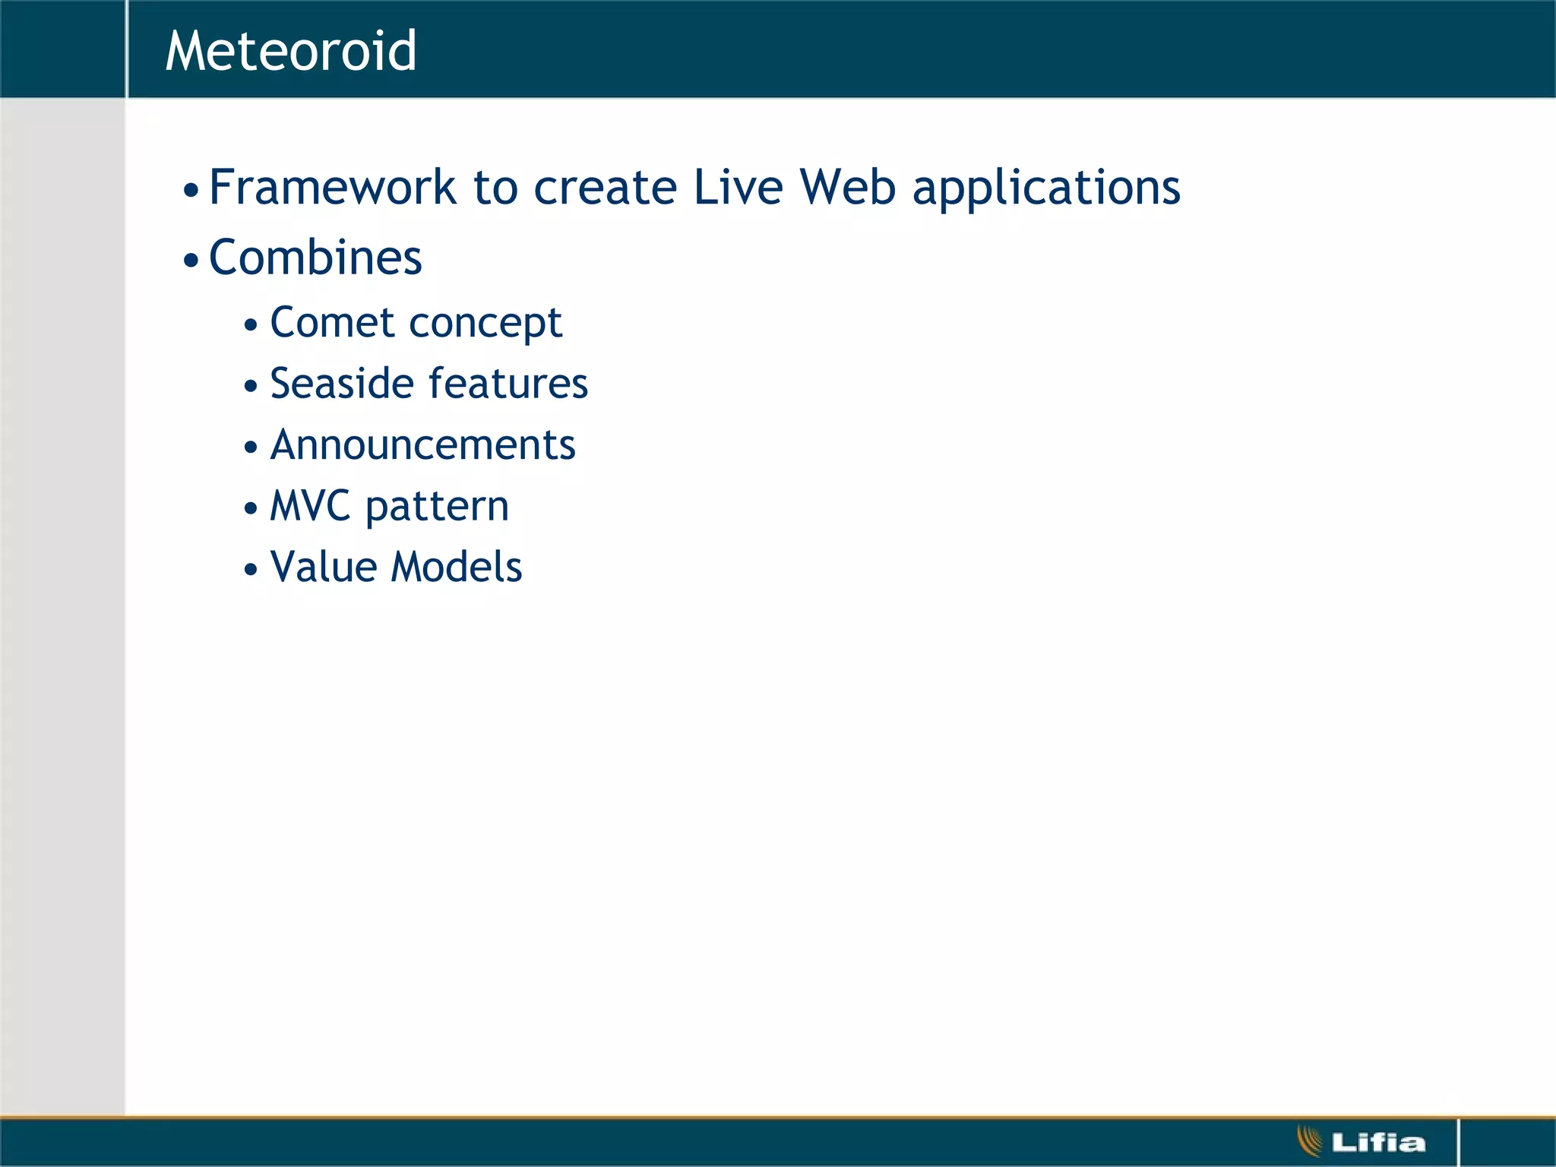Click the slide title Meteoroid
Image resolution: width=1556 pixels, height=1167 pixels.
(291, 52)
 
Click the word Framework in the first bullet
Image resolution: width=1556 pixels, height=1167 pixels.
(332, 187)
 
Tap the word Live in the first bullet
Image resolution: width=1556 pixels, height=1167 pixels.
(738, 187)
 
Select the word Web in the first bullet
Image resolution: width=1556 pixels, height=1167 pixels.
(848, 187)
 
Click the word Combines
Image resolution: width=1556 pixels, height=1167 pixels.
(315, 258)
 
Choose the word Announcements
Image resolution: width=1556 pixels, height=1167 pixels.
(423, 444)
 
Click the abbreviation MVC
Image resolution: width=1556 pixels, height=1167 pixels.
(310, 506)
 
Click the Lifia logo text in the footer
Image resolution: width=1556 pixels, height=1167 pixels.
(1378, 1143)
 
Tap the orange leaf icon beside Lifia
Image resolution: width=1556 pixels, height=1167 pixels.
(1310, 1141)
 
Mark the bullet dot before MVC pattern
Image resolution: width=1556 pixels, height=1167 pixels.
(251, 509)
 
